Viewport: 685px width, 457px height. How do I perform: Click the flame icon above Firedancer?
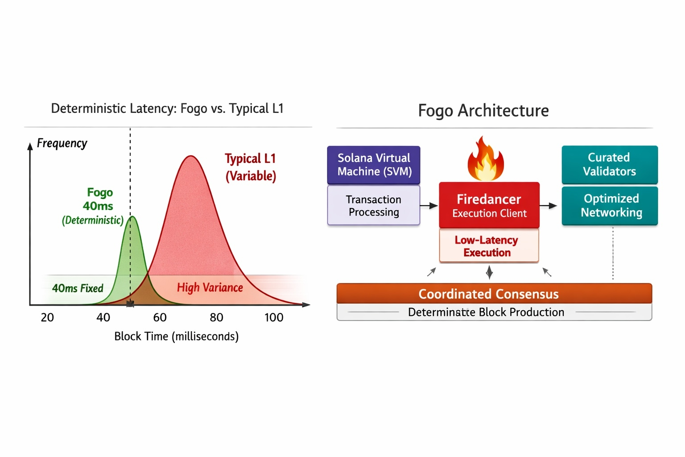tap(486, 159)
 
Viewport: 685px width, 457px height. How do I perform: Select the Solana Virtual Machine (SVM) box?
tap(374, 165)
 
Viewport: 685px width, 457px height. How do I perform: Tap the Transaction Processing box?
tap(374, 205)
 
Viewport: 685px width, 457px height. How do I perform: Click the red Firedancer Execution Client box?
tap(489, 205)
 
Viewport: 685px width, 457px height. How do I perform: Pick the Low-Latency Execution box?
tap(489, 246)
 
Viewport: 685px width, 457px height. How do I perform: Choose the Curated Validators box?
tap(610, 164)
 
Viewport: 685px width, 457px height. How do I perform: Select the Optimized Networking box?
tap(610, 205)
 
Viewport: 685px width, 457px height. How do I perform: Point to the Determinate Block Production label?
tap(486, 312)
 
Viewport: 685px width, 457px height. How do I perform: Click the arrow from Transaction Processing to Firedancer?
tap(429, 206)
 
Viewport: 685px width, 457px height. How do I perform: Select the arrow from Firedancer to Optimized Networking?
tap(549, 206)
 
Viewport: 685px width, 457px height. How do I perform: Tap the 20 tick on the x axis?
tap(47, 317)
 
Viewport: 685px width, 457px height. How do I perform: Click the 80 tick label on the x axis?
tap(216, 317)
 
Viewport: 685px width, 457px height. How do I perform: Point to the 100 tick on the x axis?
tap(274, 317)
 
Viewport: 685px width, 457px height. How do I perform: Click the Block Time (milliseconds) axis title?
tap(177, 336)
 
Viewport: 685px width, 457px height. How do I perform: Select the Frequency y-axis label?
tap(62, 143)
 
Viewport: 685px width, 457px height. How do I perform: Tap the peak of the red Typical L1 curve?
tap(191, 156)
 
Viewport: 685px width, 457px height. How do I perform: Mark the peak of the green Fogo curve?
tap(132, 217)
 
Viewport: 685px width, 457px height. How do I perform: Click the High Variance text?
tap(210, 288)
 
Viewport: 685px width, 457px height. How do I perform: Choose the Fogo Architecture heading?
tap(483, 111)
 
